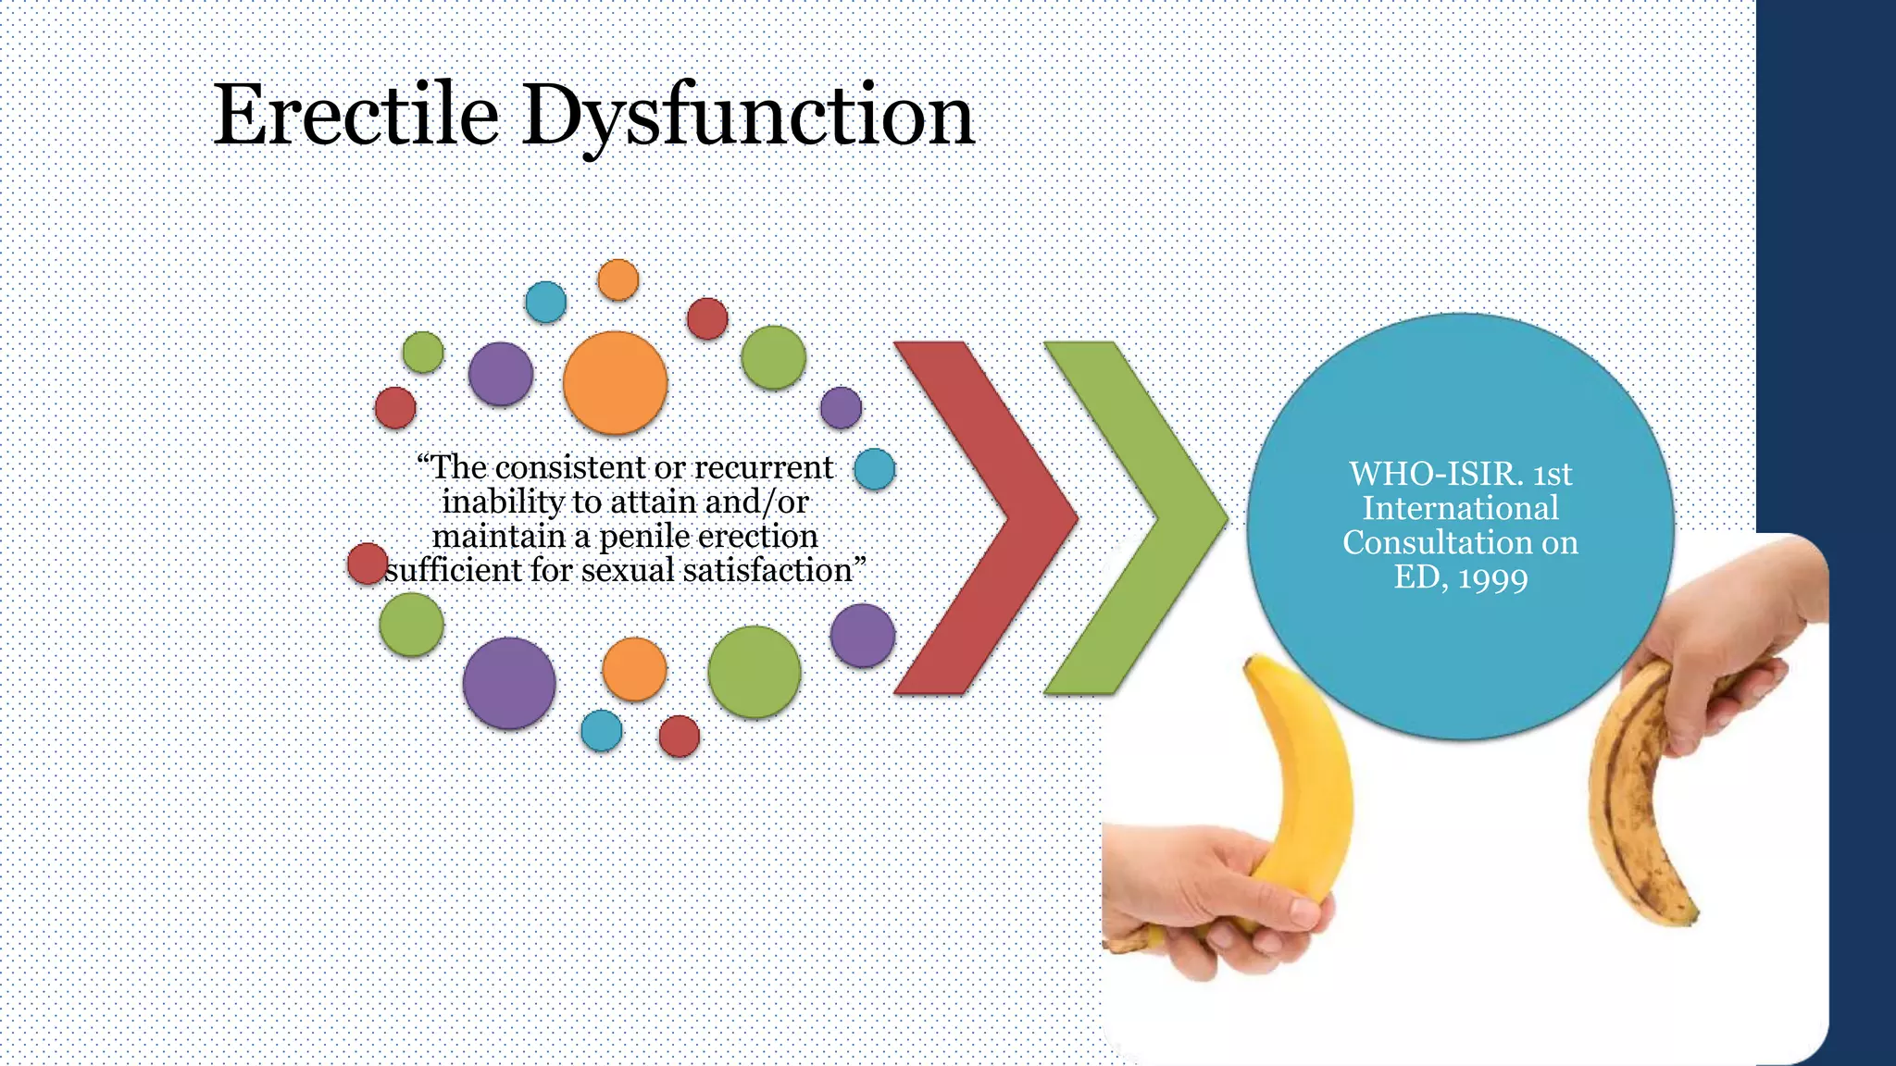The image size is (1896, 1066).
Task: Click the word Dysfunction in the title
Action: [748, 117]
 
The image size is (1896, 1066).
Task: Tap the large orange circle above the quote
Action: [615, 382]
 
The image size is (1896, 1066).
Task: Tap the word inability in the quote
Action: [503, 502]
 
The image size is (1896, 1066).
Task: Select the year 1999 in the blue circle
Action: [1492, 578]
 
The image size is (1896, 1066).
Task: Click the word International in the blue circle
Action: [1460, 509]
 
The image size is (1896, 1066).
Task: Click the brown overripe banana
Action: [1634, 814]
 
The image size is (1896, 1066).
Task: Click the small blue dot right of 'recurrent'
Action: [874, 469]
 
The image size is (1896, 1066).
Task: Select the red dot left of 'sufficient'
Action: [367, 564]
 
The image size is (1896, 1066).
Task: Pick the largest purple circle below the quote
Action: [508, 683]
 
